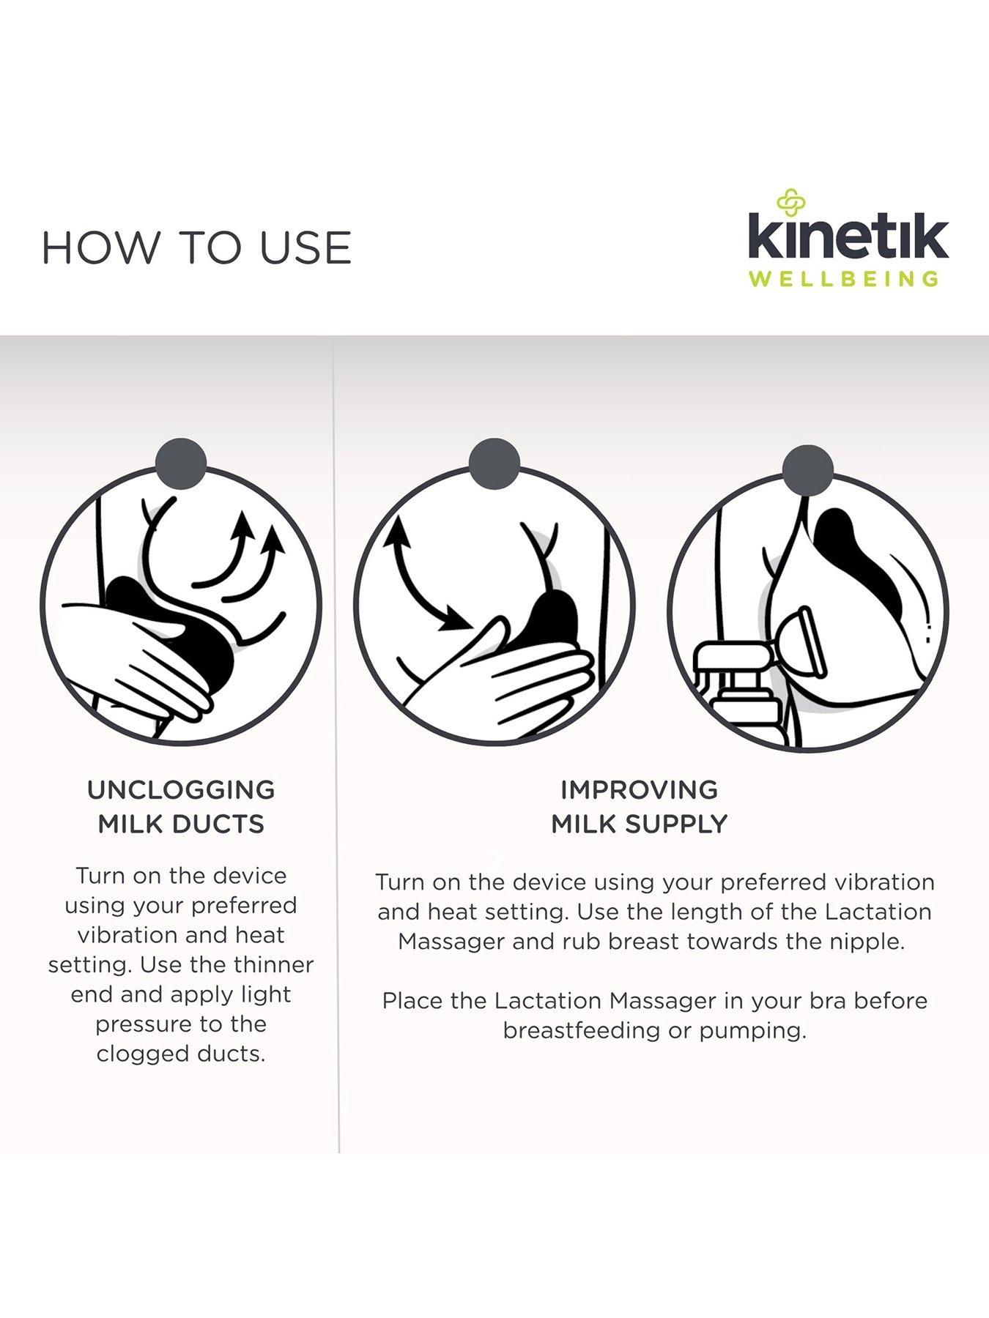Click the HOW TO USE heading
pyautogui.click(x=196, y=247)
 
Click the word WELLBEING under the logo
pyautogui.click(x=844, y=279)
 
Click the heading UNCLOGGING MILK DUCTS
pyautogui.click(x=181, y=807)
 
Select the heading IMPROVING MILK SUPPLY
pyautogui.click(x=639, y=807)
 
